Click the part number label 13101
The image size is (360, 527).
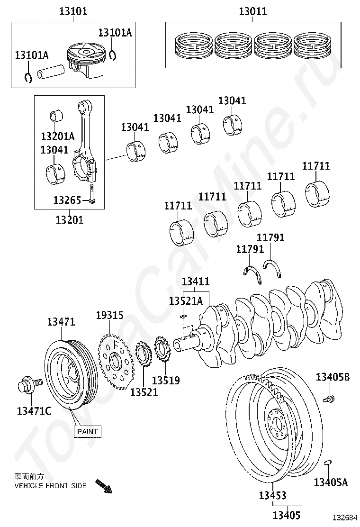(73, 11)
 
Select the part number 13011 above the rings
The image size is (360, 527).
(252, 11)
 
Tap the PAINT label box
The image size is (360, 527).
(87, 431)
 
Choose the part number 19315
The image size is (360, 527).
(109, 315)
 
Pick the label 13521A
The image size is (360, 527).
(186, 301)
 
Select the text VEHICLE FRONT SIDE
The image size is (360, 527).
(50, 486)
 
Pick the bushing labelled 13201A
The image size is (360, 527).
(57, 116)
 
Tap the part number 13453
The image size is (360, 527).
(272, 496)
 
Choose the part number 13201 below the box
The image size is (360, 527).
(69, 219)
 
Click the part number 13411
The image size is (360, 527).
(196, 282)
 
